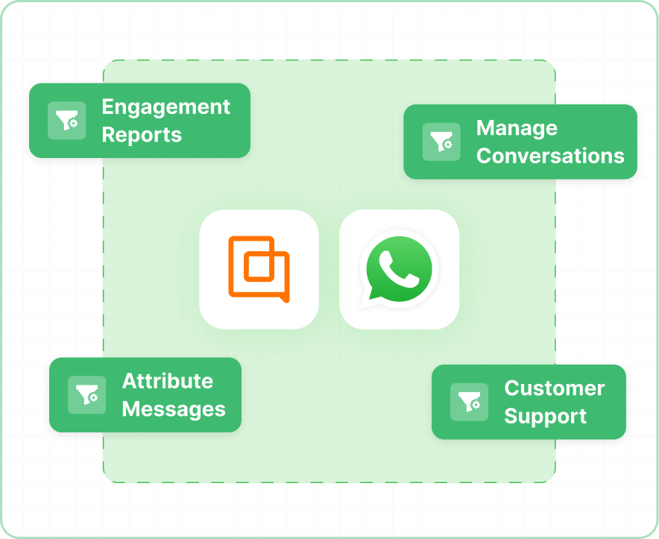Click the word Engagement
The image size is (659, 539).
click(165, 107)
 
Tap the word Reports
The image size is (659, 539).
click(142, 135)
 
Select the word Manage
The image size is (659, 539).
click(517, 128)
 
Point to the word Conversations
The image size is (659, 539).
click(550, 156)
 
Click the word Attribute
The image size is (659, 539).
click(167, 381)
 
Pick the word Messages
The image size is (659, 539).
click(174, 409)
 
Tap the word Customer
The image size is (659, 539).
click(554, 388)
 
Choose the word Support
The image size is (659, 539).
click(545, 416)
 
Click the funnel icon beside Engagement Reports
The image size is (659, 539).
click(67, 121)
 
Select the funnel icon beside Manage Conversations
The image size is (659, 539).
click(441, 142)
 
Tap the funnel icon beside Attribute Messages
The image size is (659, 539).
click(87, 395)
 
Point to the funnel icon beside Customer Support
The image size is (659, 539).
click(470, 402)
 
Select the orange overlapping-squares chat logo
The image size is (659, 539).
click(259, 269)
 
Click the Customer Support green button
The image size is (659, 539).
click(529, 402)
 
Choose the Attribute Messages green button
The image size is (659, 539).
click(145, 395)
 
